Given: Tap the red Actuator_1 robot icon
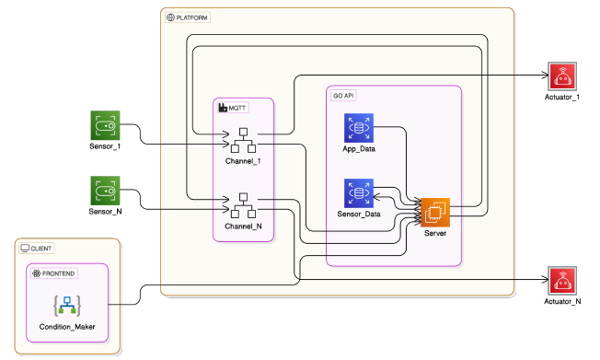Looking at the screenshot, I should (x=560, y=76).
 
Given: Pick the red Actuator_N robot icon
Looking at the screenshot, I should (x=560, y=281).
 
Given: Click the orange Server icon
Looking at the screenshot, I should (x=435, y=214).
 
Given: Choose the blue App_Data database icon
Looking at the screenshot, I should (x=357, y=128).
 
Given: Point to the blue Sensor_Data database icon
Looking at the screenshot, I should (x=357, y=193).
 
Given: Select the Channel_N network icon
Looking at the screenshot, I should (x=243, y=205).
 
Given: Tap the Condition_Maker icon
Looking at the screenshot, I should (x=68, y=303).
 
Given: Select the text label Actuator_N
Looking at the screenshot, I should (x=560, y=301).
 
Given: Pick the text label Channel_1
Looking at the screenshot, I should (x=243, y=161).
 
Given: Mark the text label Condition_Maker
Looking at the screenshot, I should (x=68, y=326).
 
